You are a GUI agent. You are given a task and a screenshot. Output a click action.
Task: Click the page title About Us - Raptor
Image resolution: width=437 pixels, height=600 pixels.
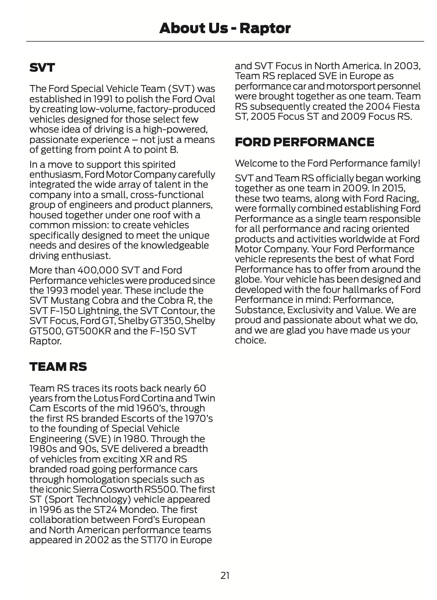tap(225, 28)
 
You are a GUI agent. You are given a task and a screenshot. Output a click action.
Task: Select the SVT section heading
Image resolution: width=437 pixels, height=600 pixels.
tap(42, 68)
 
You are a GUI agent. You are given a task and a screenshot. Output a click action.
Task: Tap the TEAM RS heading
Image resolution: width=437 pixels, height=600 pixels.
tap(58, 367)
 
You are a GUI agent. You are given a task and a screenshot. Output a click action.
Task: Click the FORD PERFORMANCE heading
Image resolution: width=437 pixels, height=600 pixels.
tap(304, 142)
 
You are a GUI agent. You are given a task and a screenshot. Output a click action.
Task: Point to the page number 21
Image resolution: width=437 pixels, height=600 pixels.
tap(225, 575)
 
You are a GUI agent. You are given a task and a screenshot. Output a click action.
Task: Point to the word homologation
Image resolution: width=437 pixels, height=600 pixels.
tap(91, 479)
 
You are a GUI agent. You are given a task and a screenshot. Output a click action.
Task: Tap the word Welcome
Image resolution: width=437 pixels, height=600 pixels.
tap(254, 163)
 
